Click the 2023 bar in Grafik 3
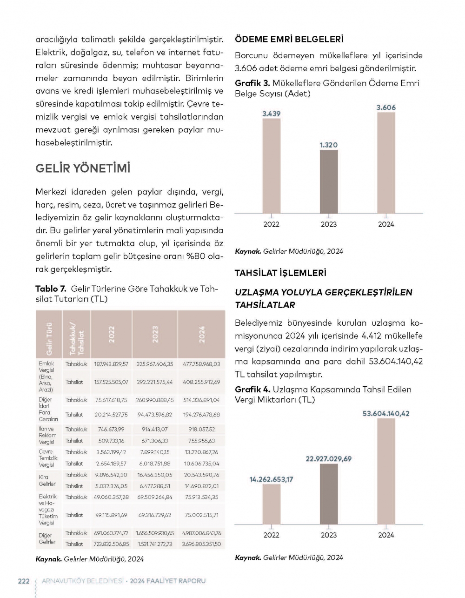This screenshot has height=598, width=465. pos(329,181)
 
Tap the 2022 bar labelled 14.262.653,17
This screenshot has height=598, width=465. pos(272,504)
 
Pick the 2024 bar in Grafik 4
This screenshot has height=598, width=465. pos(386,471)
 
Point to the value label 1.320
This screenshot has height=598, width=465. pos(329,145)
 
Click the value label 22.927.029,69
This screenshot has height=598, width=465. pos(329,459)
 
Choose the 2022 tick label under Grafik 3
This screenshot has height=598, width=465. pos(272,224)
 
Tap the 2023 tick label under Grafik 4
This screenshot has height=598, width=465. pos(329,535)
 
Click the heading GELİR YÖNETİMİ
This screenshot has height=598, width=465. pos(83,168)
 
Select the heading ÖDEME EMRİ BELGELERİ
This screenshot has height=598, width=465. pos(289,40)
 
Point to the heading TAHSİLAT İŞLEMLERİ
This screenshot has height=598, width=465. pos(280,273)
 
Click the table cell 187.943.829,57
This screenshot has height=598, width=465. pos(111,364)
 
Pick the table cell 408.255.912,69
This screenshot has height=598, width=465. pos(201,382)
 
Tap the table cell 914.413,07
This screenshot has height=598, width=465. pos(155,430)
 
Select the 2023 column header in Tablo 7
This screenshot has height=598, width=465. pos(155,334)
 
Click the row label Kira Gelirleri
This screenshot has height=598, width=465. pos(47,481)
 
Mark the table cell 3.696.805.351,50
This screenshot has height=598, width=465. pos(201,544)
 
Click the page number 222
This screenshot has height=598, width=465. pos(24,581)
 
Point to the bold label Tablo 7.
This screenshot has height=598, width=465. pos(51,289)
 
